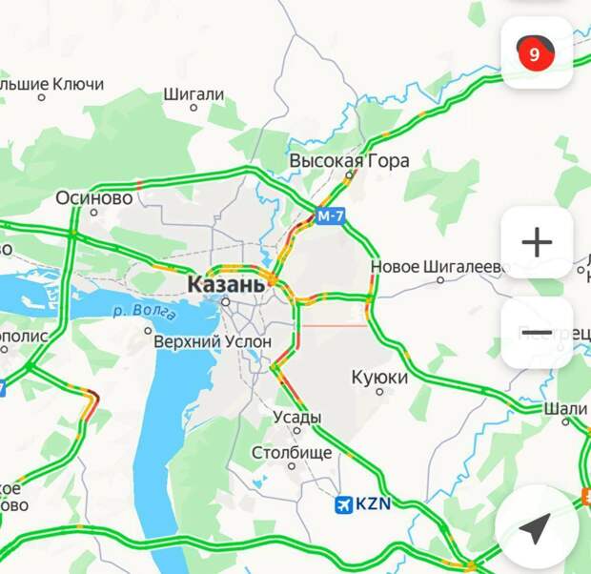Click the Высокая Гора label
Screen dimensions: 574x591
pyautogui.click(x=349, y=160)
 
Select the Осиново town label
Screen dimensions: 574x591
pyautogui.click(x=93, y=198)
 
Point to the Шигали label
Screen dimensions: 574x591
pyautogui.click(x=194, y=94)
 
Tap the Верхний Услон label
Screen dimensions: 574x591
pyautogui.click(x=213, y=340)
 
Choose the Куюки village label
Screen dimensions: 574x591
pyautogui.click(x=379, y=378)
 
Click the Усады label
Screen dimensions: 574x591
pyautogui.click(x=297, y=417)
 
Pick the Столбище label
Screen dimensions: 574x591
pyautogui.click(x=292, y=452)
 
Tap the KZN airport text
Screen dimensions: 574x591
pyautogui.click(x=373, y=504)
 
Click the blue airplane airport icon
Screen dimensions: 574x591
pyautogui.click(x=344, y=504)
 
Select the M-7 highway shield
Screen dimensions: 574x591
pyautogui.click(x=330, y=216)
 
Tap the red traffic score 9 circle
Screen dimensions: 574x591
pyautogui.click(x=534, y=53)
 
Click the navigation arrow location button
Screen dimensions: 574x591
pyautogui.click(x=537, y=527)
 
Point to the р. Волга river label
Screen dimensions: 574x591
pyautogui.click(x=144, y=310)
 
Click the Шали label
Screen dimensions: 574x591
pyautogui.click(x=566, y=408)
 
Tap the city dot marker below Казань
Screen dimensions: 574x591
pyautogui.click(x=226, y=301)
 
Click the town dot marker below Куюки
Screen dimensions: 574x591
pyautogui.click(x=379, y=391)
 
